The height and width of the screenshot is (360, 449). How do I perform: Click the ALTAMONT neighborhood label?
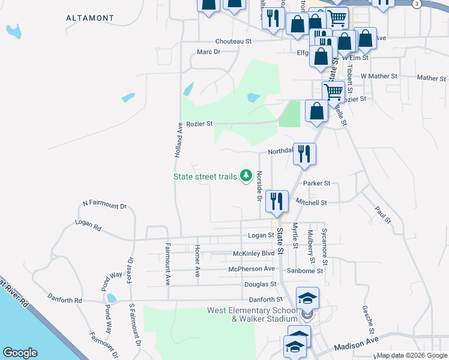click(91, 19)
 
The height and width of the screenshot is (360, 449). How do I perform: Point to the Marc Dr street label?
click(209, 52)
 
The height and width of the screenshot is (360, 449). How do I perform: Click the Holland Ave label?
click(178, 140)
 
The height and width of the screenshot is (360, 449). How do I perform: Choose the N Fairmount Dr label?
click(105, 205)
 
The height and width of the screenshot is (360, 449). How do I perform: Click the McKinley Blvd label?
click(253, 254)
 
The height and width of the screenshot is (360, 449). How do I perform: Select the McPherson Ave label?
click(252, 269)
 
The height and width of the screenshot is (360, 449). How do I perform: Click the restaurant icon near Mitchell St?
click(277, 200)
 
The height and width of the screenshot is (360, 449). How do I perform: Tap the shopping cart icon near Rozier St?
click(333, 91)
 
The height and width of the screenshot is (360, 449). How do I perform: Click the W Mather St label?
click(379, 77)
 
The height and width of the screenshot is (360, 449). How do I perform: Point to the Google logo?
click(20, 353)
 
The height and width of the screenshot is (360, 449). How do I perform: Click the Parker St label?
click(317, 183)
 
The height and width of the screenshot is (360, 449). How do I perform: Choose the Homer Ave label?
click(197, 261)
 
